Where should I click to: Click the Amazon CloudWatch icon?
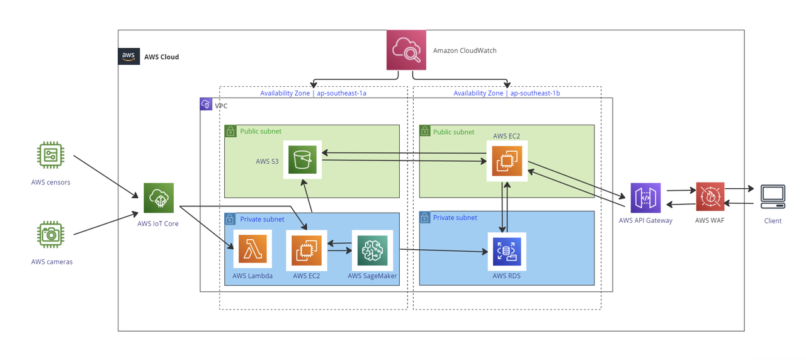tap(406, 50)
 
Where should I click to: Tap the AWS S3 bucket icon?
tap(302, 159)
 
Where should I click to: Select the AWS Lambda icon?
tap(253, 249)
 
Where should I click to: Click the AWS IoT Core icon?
tap(159, 198)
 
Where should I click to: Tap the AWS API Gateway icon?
tap(645, 198)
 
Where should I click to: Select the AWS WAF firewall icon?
tap(710, 197)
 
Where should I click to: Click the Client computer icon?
tap(773, 197)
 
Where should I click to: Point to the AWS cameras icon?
tap(50, 235)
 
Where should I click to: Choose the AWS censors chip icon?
tap(50, 155)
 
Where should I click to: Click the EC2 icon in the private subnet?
tap(306, 250)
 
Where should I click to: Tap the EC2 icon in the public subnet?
tap(507, 160)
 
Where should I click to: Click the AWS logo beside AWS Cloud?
tap(129, 56)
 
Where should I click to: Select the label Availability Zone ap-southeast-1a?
tap(314, 93)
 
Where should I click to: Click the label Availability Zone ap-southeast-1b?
tap(507, 93)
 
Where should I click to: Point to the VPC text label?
tap(221, 106)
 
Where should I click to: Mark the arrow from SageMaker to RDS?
tap(444, 251)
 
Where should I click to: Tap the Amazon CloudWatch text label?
tap(465, 50)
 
